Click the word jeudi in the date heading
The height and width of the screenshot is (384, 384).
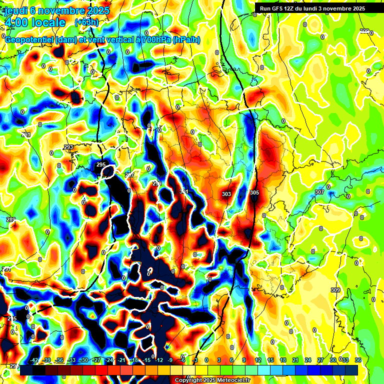tap(16, 10)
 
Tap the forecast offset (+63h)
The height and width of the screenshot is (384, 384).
tap(86, 22)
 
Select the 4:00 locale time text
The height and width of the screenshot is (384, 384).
tap(34, 22)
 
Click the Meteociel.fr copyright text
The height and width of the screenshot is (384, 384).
tap(212, 380)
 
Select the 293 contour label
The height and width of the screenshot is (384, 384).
tap(68, 147)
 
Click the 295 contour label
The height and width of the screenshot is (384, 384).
tap(101, 164)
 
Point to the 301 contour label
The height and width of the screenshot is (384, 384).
tap(183, 191)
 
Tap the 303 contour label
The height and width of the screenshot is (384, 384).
tap(226, 194)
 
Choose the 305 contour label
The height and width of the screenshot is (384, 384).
tap(254, 192)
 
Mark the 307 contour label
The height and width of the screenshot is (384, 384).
tap(319, 192)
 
